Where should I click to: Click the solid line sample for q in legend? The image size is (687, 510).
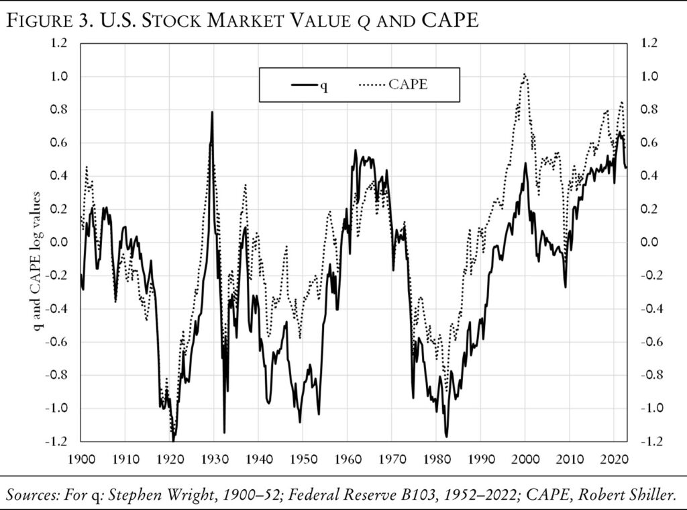click(303, 85)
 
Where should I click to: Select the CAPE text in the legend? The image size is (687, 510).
click(408, 85)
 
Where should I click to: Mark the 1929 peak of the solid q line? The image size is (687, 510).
click(212, 112)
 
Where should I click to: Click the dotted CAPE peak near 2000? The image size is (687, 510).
click(524, 74)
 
